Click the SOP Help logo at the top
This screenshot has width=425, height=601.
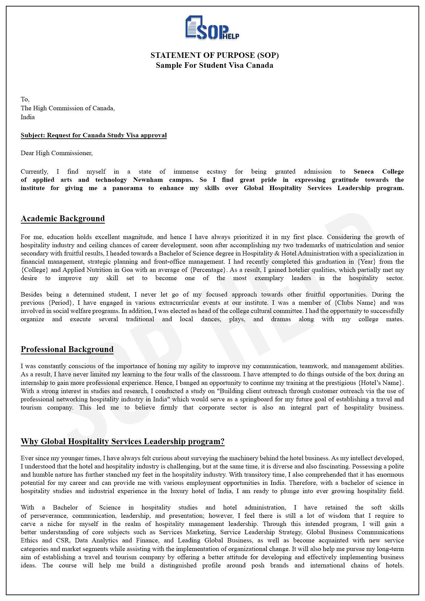click(212, 28)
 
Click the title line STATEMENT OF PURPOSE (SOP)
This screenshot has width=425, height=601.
click(214, 55)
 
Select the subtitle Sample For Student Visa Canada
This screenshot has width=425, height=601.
click(214, 65)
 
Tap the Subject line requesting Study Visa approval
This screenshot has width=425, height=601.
click(93, 135)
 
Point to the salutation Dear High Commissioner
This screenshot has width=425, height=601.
click(57, 153)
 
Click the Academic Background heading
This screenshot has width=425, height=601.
click(63, 218)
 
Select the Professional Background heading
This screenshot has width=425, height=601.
click(67, 349)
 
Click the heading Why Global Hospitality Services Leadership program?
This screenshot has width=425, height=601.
click(123, 441)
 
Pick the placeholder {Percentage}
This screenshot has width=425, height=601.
click(209, 270)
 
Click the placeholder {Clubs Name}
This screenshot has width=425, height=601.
click(355, 303)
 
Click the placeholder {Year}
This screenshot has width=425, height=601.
click(366, 262)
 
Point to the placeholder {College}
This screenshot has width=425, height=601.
click(35, 270)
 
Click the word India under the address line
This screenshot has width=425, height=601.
click(27, 117)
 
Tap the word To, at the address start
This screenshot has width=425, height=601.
click(25, 99)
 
